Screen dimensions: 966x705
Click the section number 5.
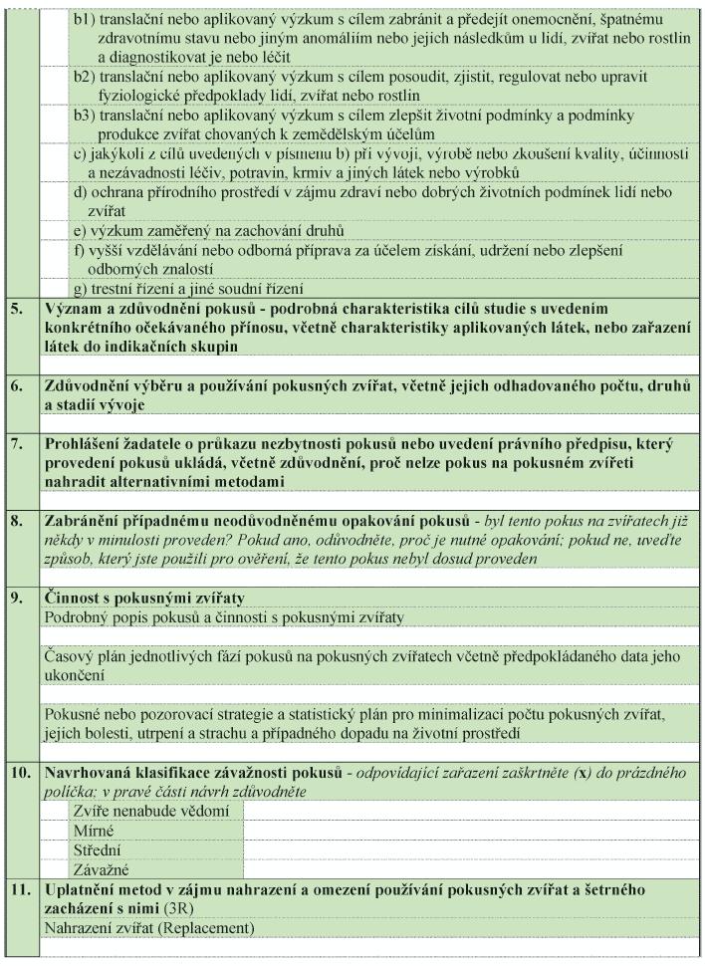(x=16, y=310)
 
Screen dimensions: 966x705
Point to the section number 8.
(x=16, y=521)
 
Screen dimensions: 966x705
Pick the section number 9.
(x=16, y=598)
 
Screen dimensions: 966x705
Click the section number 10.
(x=20, y=773)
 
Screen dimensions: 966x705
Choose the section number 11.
(x=20, y=886)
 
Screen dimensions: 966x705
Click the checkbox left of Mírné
(x=56, y=830)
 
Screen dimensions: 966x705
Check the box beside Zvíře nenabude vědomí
(x=56, y=811)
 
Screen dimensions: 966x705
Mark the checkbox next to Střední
(x=56, y=848)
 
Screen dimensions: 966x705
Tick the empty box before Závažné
(x=56, y=867)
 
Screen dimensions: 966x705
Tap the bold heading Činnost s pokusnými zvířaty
(x=145, y=598)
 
